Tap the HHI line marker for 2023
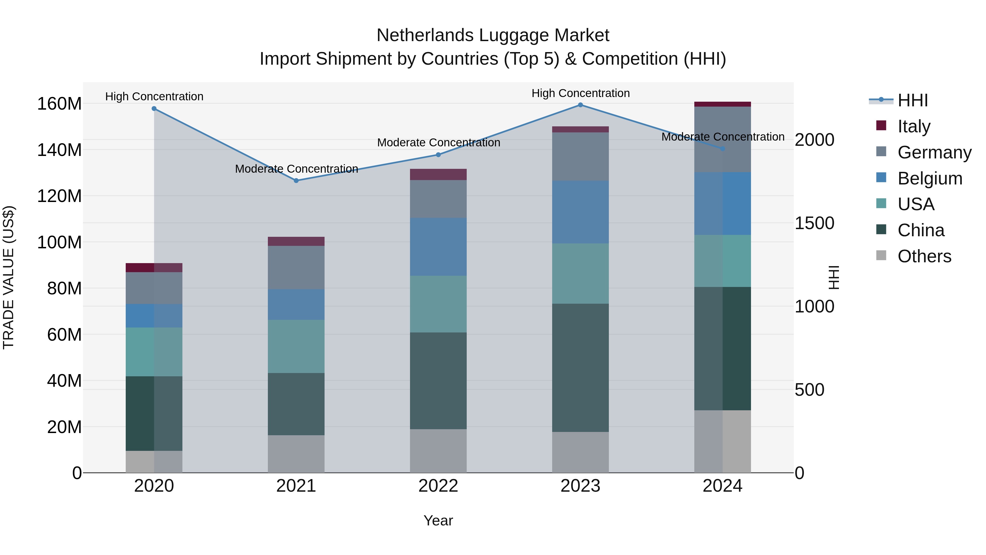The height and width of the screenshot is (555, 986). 580,105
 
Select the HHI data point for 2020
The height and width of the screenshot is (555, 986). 154,108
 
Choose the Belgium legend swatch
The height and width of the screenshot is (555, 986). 881,178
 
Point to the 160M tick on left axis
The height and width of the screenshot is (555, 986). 59,104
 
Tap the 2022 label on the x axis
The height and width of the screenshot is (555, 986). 438,486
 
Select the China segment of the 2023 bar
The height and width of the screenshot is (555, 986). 580,368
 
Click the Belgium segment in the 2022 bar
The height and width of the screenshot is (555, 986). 438,247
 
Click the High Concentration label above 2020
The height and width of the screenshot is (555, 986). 154,96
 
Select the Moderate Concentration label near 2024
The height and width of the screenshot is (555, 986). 723,137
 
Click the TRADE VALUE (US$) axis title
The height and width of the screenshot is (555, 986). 8,277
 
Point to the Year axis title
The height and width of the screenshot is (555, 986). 438,520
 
